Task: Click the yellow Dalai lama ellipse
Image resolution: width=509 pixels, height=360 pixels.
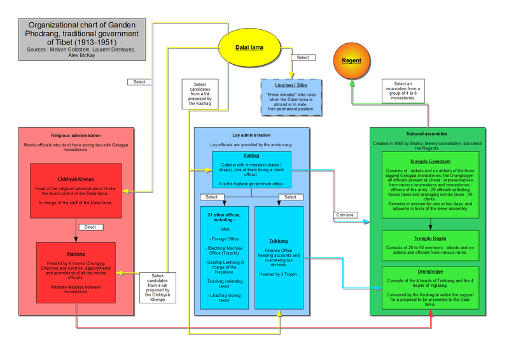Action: [250, 48]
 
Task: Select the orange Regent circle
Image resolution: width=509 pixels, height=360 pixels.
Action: [351, 61]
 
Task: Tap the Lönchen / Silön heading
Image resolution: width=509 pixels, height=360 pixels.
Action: [291, 85]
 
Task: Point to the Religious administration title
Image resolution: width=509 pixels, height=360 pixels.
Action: [76, 135]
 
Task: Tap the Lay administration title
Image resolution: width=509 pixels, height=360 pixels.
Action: [251, 135]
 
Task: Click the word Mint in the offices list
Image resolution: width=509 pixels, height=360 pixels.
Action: [224, 229]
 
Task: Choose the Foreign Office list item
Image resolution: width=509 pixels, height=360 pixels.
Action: [224, 240]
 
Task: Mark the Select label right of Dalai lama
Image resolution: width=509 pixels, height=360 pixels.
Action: [303, 57]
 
